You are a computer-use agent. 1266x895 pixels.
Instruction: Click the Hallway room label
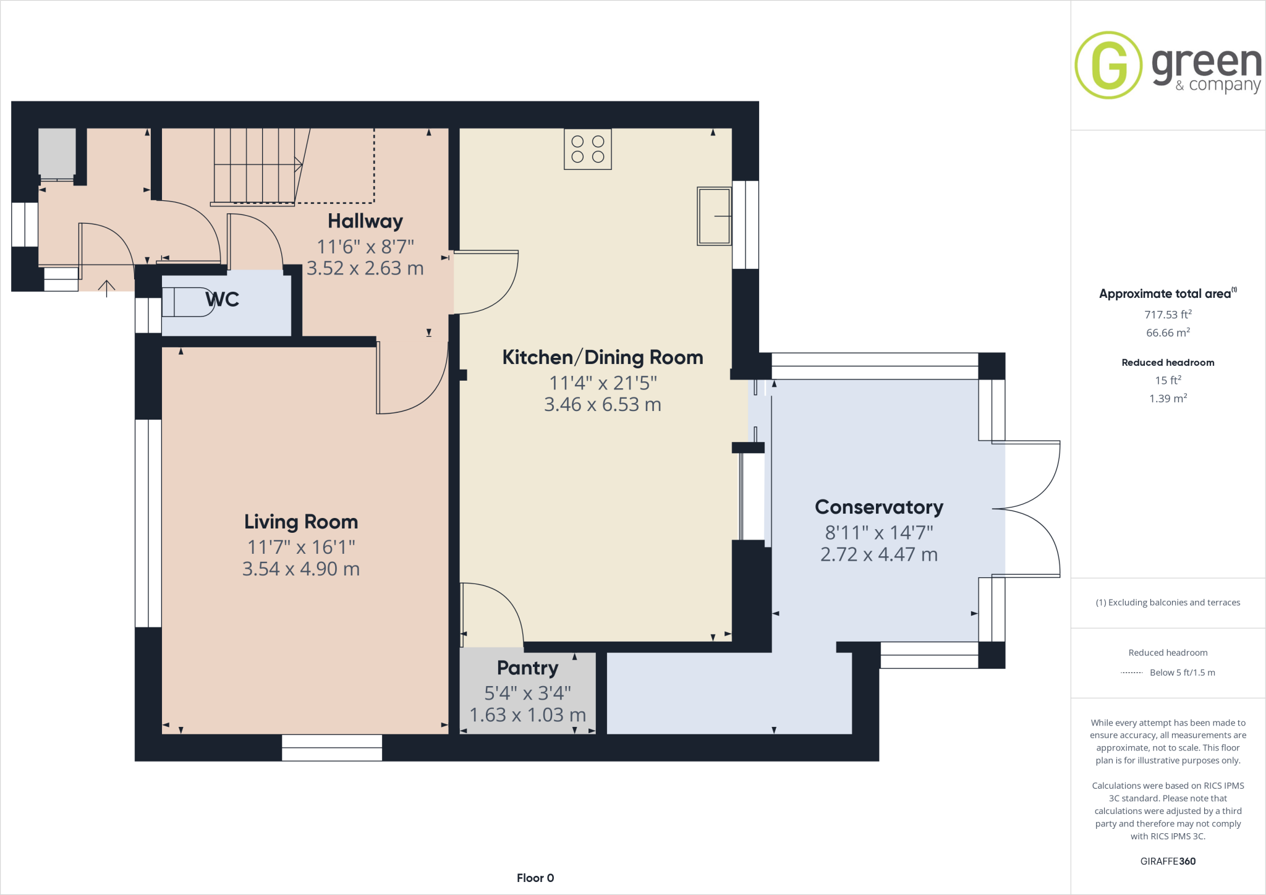(365, 221)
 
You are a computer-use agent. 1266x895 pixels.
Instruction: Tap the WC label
(222, 300)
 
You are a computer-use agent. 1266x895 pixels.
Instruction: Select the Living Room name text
(301, 522)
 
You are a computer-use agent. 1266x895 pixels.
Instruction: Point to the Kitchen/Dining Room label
(603, 357)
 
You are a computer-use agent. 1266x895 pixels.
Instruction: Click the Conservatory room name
(879, 507)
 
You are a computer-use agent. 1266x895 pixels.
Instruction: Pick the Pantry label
(528, 668)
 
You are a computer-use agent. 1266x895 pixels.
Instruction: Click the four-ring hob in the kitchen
(588, 149)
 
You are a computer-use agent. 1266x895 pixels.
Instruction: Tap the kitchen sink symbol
(715, 216)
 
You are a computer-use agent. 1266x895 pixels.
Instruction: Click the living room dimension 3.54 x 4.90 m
(301, 569)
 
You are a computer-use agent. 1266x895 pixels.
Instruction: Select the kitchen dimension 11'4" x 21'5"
(603, 383)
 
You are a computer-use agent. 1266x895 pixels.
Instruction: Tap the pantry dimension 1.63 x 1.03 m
(528, 715)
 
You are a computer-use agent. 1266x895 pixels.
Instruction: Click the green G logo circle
(1108, 65)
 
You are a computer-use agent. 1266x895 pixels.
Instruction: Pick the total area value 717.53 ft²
(1168, 315)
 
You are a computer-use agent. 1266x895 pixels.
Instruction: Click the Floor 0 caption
(535, 878)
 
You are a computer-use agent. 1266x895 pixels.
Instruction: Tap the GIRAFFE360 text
(1168, 861)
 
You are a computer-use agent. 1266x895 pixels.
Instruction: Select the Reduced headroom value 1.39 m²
(1168, 399)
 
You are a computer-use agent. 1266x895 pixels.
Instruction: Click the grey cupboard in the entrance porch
(57, 152)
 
